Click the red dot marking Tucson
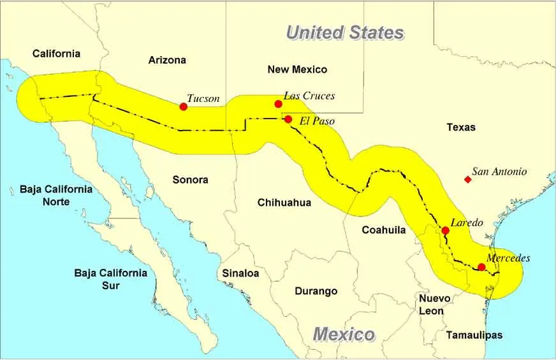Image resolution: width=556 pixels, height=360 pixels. (x=184, y=106)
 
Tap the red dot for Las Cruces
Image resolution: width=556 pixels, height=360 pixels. (x=278, y=104)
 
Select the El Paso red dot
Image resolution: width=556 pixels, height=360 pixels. (x=288, y=119)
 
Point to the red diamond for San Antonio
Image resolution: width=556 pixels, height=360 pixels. (x=467, y=180)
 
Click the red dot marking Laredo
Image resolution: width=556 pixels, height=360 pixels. (x=445, y=231)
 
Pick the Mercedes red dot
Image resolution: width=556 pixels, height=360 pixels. (x=481, y=267)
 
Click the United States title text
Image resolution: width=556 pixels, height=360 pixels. (x=344, y=33)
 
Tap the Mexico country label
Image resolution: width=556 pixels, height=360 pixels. (x=344, y=334)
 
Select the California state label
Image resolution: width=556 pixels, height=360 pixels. (x=57, y=54)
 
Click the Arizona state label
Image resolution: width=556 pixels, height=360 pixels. (x=167, y=60)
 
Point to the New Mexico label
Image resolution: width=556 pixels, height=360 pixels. (x=297, y=69)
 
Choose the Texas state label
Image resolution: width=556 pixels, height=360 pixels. (x=461, y=127)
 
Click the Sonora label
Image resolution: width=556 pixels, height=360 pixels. (x=190, y=180)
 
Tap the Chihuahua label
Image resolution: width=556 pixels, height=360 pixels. (x=284, y=203)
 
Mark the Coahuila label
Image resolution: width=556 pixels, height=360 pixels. (x=384, y=230)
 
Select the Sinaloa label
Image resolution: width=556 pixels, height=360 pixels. (x=240, y=273)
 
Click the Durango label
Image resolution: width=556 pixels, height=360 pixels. (x=316, y=291)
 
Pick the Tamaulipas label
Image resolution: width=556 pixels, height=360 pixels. (x=474, y=335)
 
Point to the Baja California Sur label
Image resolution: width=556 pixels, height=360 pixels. (x=110, y=279)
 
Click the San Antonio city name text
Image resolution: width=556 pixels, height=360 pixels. (x=499, y=171)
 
